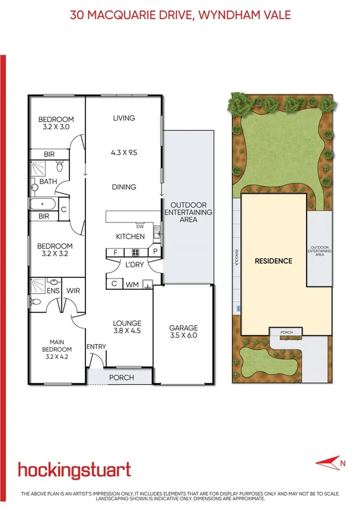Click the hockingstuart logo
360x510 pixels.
pyautogui.click(x=74, y=470)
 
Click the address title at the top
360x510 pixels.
pyautogui.click(x=180, y=14)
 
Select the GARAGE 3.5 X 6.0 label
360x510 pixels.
pyautogui.click(x=183, y=332)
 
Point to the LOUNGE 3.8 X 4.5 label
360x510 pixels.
pyautogui.click(x=126, y=326)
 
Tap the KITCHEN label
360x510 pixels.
pyautogui.click(x=130, y=236)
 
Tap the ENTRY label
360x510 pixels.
pyautogui.click(x=96, y=346)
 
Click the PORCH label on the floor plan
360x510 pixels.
pyautogui.click(x=121, y=378)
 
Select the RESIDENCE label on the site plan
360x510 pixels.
pyautogui.click(x=273, y=261)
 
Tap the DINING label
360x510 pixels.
pyautogui.click(x=124, y=187)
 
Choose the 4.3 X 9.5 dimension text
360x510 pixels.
pyautogui.click(x=124, y=153)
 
